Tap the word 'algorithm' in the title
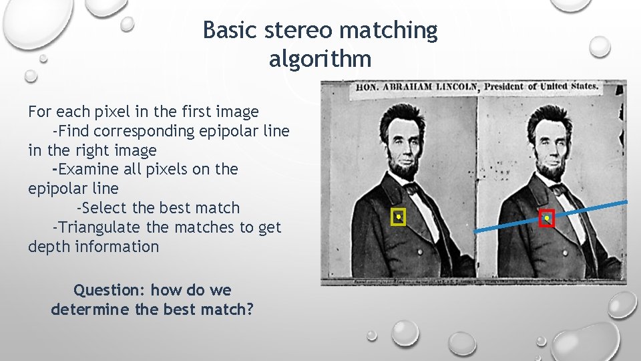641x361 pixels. tap(320, 59)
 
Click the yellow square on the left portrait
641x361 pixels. tap(399, 217)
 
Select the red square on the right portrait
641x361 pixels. tap(547, 218)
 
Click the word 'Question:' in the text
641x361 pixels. tap(110, 291)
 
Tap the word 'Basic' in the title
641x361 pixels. tap(226, 31)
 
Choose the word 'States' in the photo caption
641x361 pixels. tap(584, 86)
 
